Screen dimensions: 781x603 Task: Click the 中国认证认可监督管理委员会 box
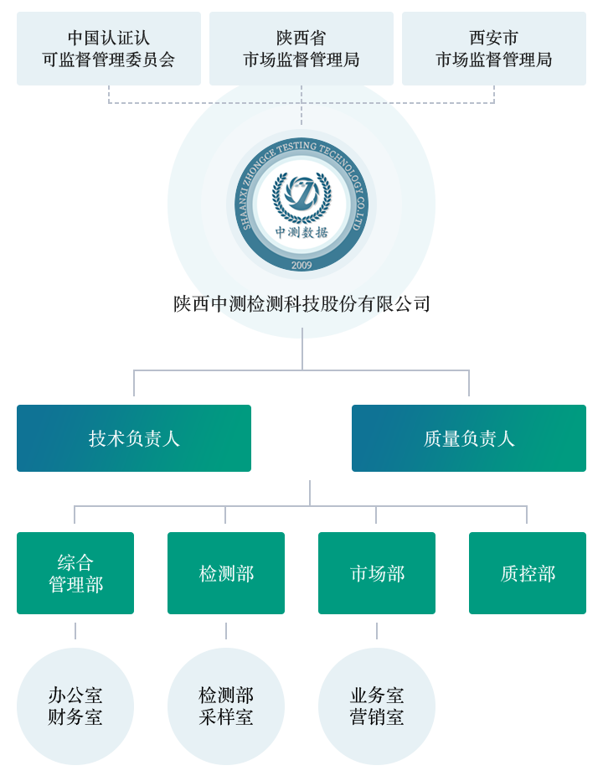pyautogui.click(x=109, y=49)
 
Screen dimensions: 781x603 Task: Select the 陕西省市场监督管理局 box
pyautogui.click(x=301, y=49)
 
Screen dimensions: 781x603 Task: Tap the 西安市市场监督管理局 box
pyautogui.click(x=494, y=49)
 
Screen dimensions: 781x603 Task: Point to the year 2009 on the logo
pyautogui.click(x=301, y=265)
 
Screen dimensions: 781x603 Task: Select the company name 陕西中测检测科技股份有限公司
pyautogui.click(x=301, y=303)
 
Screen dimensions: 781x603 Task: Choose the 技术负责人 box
pyautogui.click(x=134, y=438)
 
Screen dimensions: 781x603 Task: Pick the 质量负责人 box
pyautogui.click(x=469, y=438)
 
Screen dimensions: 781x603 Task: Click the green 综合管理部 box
pyautogui.click(x=75, y=573)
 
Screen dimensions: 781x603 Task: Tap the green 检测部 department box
pyautogui.click(x=226, y=573)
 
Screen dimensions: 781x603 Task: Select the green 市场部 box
pyautogui.click(x=377, y=573)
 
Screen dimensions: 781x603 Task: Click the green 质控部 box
pyautogui.click(x=528, y=573)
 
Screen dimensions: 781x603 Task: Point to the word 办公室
pyautogui.click(x=75, y=696)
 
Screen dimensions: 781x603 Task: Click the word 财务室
pyautogui.click(x=75, y=717)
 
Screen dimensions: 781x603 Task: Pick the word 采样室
pyautogui.click(x=226, y=717)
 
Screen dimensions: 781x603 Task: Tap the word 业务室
pyautogui.click(x=377, y=696)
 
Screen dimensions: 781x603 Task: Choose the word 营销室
pyautogui.click(x=377, y=717)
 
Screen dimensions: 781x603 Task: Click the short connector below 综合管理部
pyautogui.click(x=75, y=631)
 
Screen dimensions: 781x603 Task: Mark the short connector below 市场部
pyautogui.click(x=377, y=631)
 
